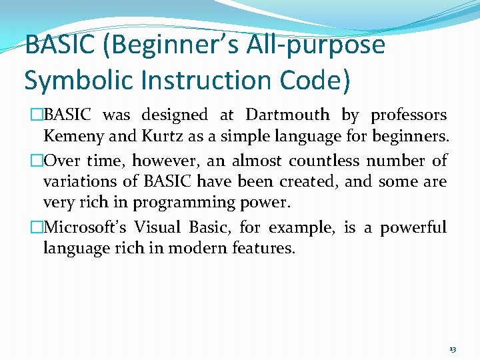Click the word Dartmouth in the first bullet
287,115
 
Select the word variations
76,182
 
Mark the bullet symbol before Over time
37,161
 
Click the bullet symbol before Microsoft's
37,227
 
